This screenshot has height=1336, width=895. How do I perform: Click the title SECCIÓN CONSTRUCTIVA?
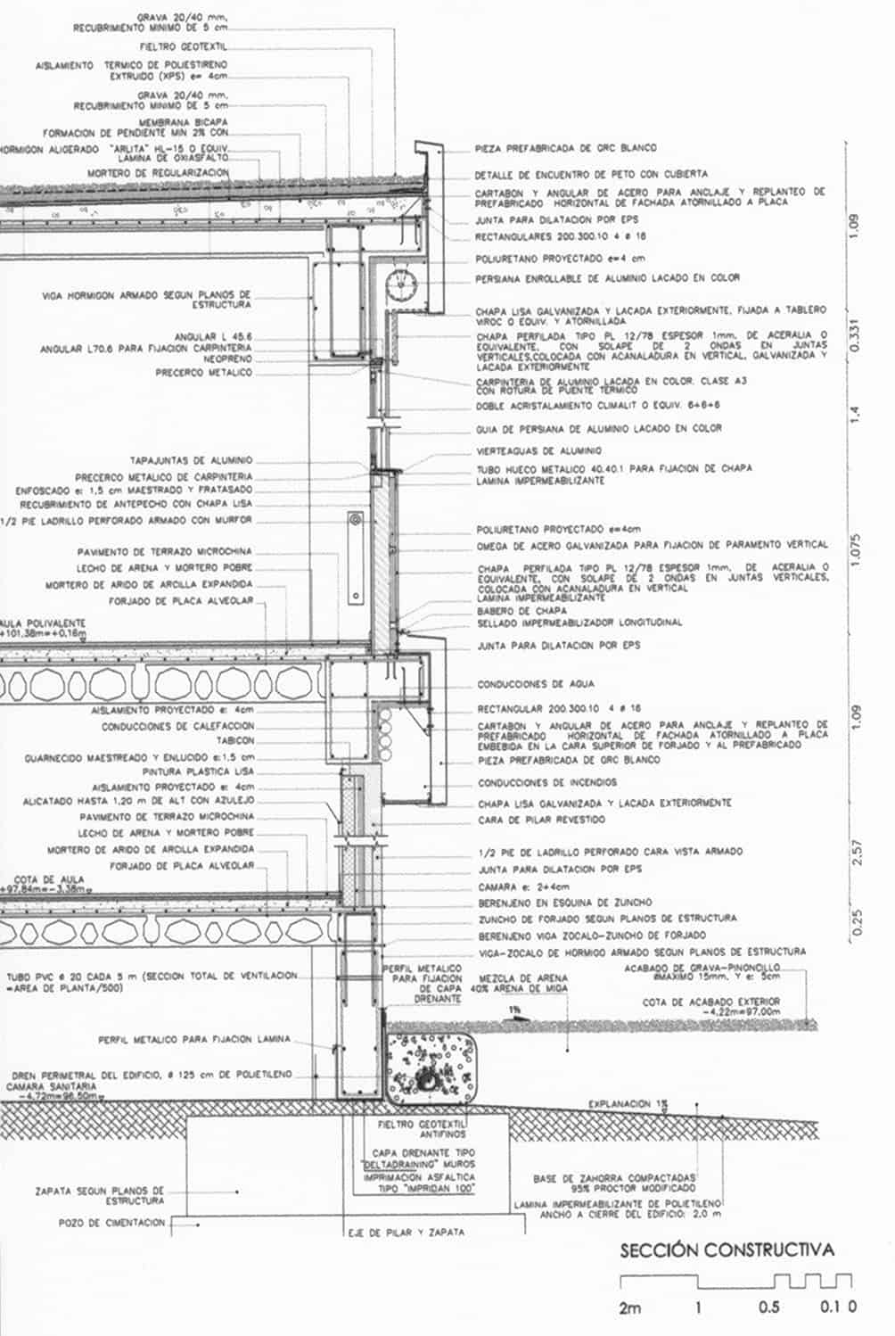click(727, 1249)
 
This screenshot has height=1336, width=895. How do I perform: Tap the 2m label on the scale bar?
click(630, 1308)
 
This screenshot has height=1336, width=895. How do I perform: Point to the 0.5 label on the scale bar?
click(768, 1308)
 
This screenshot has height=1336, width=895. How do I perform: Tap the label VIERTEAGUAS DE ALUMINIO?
click(538, 451)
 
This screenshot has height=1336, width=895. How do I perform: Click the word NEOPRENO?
click(226, 359)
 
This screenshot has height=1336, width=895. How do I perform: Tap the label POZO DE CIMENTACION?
click(112, 1223)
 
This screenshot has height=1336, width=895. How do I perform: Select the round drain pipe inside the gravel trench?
click(432, 1081)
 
